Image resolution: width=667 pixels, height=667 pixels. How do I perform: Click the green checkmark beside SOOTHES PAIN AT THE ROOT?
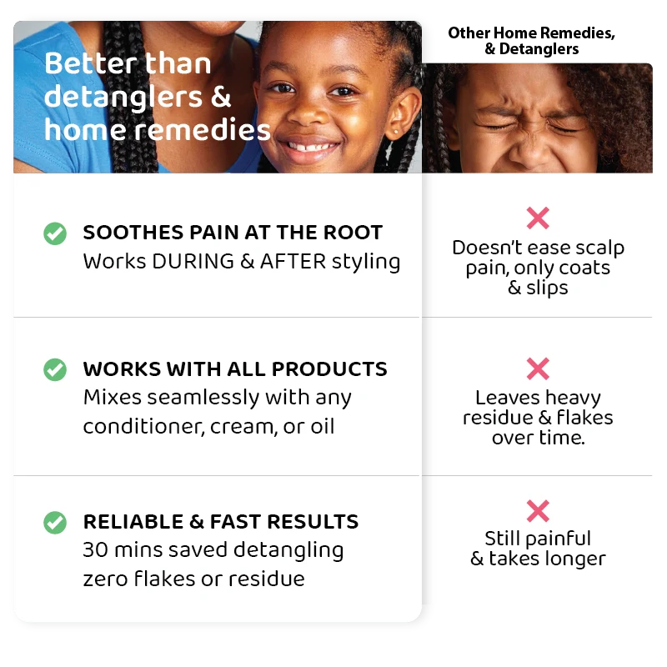[x=55, y=233]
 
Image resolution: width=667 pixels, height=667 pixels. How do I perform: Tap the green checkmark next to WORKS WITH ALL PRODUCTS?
[x=55, y=369]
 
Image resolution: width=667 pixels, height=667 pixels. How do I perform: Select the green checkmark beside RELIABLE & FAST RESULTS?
[x=55, y=523]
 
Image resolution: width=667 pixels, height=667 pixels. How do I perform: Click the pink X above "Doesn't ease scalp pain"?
[x=538, y=218]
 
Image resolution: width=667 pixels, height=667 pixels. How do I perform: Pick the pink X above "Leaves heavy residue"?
[x=538, y=369]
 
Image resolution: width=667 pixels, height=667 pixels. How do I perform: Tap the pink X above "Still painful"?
[x=538, y=510]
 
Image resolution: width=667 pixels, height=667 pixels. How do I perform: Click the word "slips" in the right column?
[x=547, y=288]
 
